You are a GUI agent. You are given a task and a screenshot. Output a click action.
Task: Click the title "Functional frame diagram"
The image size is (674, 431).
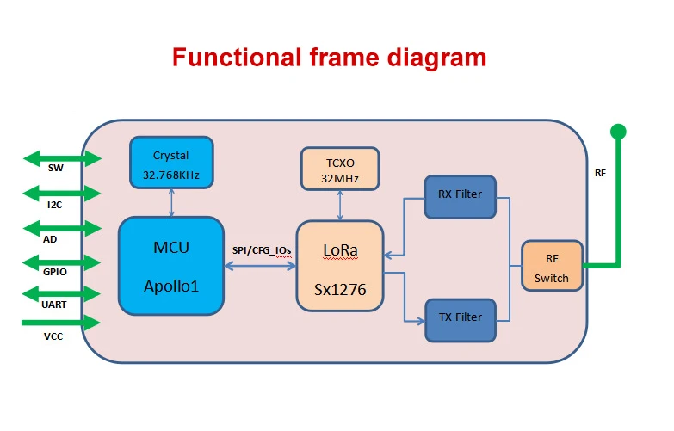point(329,58)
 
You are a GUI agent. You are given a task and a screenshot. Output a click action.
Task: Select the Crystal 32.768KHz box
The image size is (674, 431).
point(170,163)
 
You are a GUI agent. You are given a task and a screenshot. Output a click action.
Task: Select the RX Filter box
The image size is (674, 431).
point(460,195)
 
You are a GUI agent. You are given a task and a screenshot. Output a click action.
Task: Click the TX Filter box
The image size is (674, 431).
point(460,317)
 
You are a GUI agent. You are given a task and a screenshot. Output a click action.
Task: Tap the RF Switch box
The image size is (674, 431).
point(552,266)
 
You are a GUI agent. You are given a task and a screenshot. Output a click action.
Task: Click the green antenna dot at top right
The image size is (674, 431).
point(617,132)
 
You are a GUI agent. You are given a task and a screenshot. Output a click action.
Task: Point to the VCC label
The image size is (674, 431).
point(54,336)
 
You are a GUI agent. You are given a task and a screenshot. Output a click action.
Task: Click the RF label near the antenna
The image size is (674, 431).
point(600,173)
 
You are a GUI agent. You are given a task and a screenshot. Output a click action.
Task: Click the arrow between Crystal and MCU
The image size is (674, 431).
point(170,203)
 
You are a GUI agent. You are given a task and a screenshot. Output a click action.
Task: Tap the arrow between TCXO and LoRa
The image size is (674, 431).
point(342,205)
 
